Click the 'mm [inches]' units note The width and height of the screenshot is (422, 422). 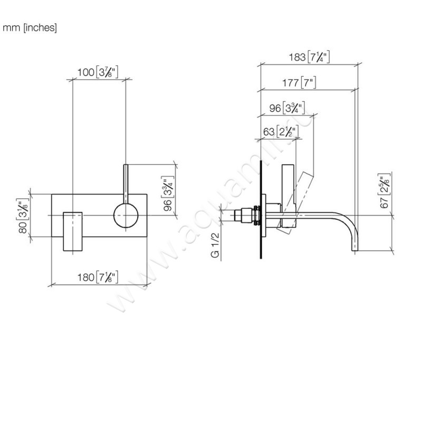(30, 27)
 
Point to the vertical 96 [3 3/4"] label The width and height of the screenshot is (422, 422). (168, 196)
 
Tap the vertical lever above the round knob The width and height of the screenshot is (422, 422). (126, 183)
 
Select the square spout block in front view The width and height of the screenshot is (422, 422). (73, 231)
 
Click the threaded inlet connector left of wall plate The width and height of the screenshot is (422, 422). (245, 216)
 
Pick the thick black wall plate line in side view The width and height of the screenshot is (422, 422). (261, 211)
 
